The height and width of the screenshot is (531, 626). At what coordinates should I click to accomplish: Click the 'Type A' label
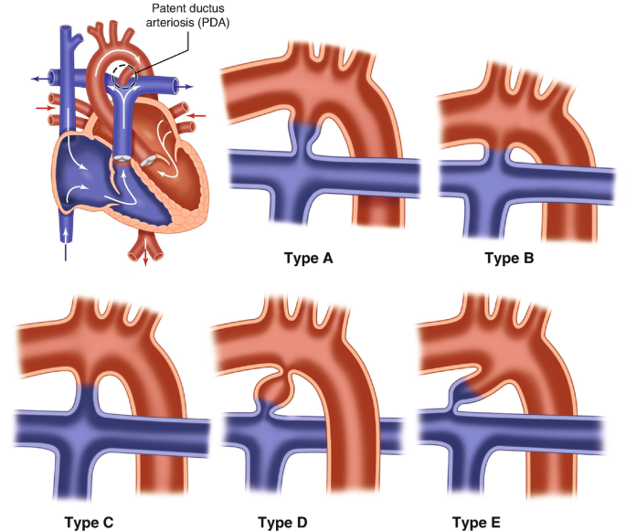click(x=309, y=258)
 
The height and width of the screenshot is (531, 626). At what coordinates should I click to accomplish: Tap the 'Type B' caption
click(x=509, y=258)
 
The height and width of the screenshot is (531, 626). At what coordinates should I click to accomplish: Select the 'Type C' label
click(x=89, y=522)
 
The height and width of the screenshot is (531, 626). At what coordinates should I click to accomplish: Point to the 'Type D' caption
click(x=282, y=522)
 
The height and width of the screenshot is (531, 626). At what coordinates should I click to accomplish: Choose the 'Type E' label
click(x=476, y=522)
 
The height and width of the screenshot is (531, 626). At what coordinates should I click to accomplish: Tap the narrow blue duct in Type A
click(x=302, y=137)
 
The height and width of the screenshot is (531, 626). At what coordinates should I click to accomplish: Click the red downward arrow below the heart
click(x=144, y=261)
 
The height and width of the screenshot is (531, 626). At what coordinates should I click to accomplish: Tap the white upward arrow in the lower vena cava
click(x=66, y=236)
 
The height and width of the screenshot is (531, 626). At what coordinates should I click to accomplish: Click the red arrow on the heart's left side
click(x=42, y=108)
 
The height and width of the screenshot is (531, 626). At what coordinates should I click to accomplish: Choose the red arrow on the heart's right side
click(x=200, y=115)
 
